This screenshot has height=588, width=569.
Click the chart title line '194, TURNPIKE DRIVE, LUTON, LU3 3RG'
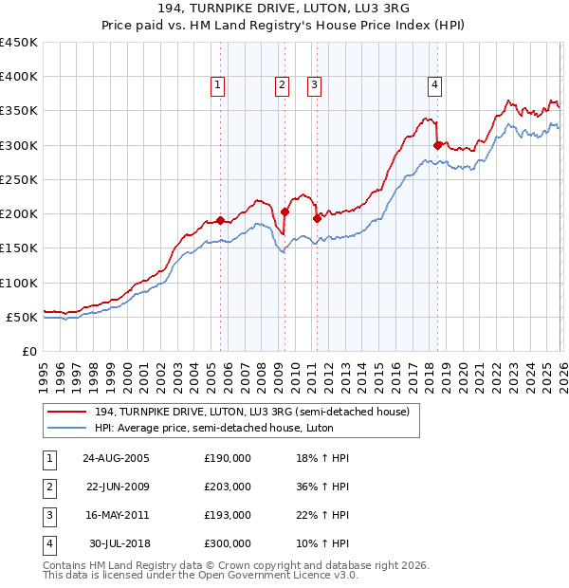[284, 9]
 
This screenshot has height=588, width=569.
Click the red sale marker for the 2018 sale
[437, 145]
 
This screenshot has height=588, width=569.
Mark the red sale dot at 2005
[221, 221]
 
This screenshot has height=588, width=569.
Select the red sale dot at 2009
[285, 211]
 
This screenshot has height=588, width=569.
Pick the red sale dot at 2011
[317, 218]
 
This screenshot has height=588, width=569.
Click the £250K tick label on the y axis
[18, 179]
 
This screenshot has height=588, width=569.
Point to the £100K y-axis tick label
[18, 283]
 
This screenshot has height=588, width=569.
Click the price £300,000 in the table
[228, 543]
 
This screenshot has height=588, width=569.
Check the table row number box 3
[46, 515]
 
